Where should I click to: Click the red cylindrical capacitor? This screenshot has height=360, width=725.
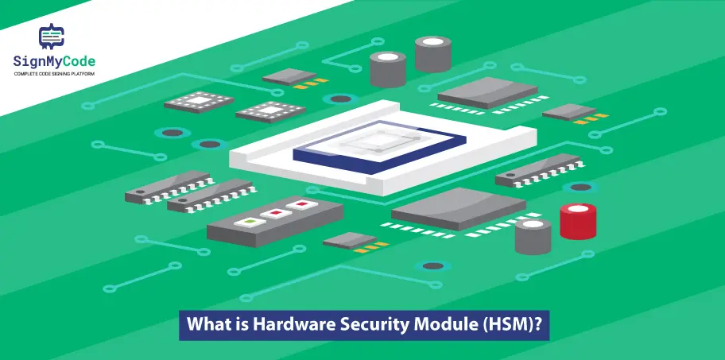pyautogui.click(x=577, y=222)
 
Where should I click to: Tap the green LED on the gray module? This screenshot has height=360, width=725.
pyautogui.click(x=250, y=222)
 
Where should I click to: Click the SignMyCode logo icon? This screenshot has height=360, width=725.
pyautogui.click(x=52, y=37)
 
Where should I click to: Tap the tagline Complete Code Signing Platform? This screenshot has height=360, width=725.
pyautogui.click(x=54, y=74)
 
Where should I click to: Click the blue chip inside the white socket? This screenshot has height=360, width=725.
pyautogui.click(x=380, y=147)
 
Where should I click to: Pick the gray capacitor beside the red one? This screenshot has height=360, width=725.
pyautogui.click(x=533, y=236)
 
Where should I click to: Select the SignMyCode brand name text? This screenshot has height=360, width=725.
pyautogui.click(x=54, y=61)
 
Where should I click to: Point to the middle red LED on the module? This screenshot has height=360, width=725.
pyautogui.click(x=276, y=212)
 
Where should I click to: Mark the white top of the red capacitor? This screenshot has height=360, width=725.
pyautogui.click(x=578, y=209)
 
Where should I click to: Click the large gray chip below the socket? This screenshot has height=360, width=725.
pyautogui.click(x=458, y=208)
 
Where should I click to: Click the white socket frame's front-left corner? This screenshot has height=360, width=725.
pyautogui.click(x=231, y=162)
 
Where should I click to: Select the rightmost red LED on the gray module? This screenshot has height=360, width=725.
pyautogui.click(x=302, y=203)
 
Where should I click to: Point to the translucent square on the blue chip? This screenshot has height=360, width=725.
pyautogui.click(x=380, y=141)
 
